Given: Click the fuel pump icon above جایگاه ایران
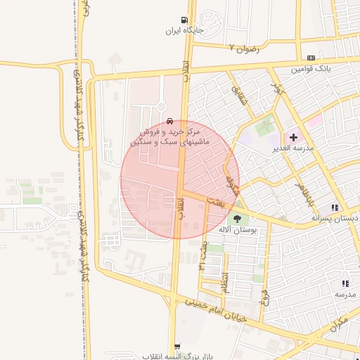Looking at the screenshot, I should point(184,20).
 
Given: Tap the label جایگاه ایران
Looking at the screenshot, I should point(183,31).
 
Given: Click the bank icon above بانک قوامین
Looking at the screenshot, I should point(311,58).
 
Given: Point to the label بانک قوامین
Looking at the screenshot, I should point(310,69).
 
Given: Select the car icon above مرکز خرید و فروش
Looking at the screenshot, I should point(171,120).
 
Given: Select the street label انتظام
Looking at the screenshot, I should point(224,282).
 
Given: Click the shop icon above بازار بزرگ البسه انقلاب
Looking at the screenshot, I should point(176,346).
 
